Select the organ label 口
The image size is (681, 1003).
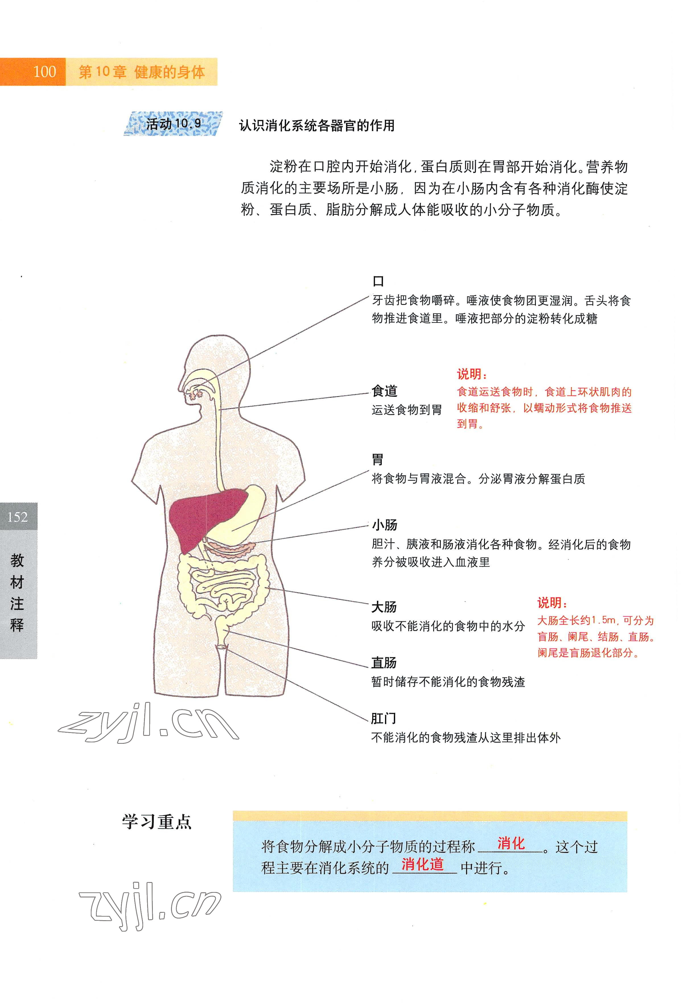pos(378,281)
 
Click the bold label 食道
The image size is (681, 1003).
pos(384,391)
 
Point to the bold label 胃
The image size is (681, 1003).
pos(378,459)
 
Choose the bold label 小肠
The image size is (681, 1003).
pos(384,525)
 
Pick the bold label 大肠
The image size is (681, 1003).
pos(384,607)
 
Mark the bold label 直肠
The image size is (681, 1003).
pos(384,662)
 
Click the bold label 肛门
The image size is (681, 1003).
pos(383,718)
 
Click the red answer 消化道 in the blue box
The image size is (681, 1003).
pos(423,864)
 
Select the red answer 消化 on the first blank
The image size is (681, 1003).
pos(511,843)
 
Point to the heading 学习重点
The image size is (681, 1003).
pos(157,822)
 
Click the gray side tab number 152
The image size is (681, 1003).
pos(18,517)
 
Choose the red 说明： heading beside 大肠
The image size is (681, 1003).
pos(552,603)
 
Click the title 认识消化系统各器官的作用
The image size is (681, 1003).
pos(317,125)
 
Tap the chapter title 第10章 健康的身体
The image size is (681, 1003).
pos(141,72)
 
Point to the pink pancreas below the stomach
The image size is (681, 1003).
pos(229,549)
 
